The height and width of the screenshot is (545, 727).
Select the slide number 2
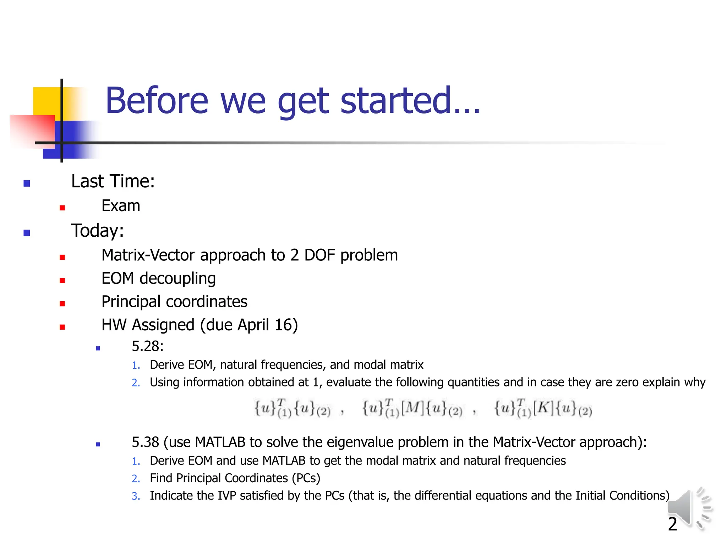pos(672,524)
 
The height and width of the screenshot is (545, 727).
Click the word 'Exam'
pos(121,206)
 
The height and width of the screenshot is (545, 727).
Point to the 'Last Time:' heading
pos(113,181)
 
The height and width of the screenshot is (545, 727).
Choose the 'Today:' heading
pos(98,231)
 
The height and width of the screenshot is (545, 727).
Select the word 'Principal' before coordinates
pos(131,302)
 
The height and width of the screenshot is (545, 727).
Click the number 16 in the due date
pos(283,325)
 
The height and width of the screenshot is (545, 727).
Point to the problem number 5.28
pos(147,346)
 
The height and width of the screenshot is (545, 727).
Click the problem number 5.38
pos(145,442)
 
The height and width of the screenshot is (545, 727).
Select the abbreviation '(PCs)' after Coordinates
pos(306,478)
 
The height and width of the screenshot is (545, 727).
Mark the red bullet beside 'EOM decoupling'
pos(62,280)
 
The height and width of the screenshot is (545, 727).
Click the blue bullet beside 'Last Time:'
pos(27,183)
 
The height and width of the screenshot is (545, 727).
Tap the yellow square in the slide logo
pos(46,101)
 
